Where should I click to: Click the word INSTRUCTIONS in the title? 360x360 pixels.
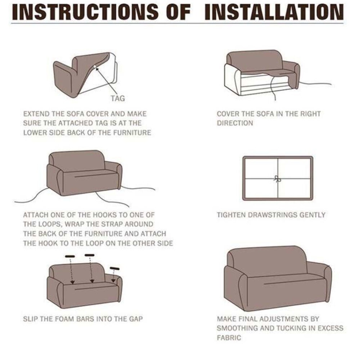(85, 12)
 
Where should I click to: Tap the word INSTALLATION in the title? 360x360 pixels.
(274, 12)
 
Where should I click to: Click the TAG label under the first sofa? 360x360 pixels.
(118, 99)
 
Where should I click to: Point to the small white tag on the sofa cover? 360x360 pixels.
(95, 67)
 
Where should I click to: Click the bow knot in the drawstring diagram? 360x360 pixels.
(278, 179)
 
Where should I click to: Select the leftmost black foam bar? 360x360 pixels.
(70, 256)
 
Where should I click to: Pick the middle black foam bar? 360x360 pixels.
(90, 255)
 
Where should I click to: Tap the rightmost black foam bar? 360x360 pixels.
(114, 269)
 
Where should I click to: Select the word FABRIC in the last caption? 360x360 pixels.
(229, 338)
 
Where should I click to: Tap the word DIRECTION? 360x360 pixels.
(235, 123)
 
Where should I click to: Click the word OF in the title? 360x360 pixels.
(179, 12)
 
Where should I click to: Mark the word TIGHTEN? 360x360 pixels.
(231, 215)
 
